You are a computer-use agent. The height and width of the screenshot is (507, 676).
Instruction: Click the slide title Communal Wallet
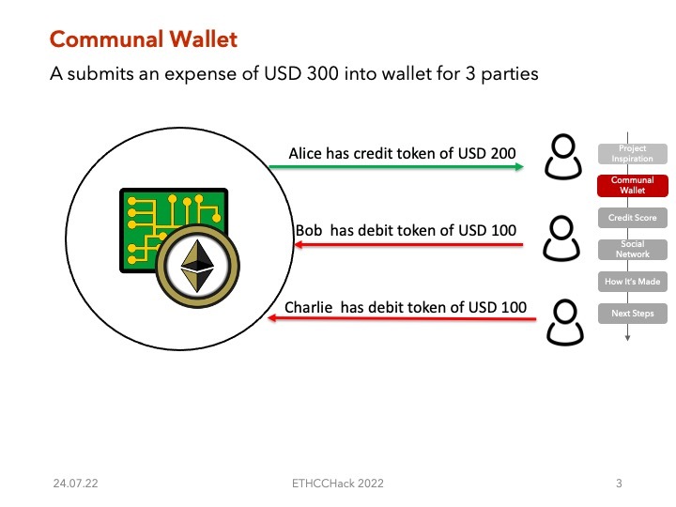(x=143, y=39)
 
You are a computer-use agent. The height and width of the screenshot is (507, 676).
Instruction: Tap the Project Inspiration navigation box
(x=632, y=154)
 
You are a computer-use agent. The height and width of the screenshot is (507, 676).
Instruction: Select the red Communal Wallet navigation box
(x=632, y=184)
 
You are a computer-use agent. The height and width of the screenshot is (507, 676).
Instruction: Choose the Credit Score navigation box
(x=632, y=218)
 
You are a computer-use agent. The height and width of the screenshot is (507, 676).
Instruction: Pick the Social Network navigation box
(x=632, y=250)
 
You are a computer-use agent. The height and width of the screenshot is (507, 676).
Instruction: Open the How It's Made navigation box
(x=632, y=282)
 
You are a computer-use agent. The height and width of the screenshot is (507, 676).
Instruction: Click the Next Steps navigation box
(x=632, y=313)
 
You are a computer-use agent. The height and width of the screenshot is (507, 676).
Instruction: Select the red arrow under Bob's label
(x=408, y=246)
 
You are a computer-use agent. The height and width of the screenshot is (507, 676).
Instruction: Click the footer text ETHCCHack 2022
(x=338, y=484)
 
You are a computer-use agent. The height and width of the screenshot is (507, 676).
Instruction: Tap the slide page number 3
(x=619, y=484)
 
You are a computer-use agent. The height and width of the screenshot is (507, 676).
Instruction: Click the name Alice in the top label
(x=305, y=152)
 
